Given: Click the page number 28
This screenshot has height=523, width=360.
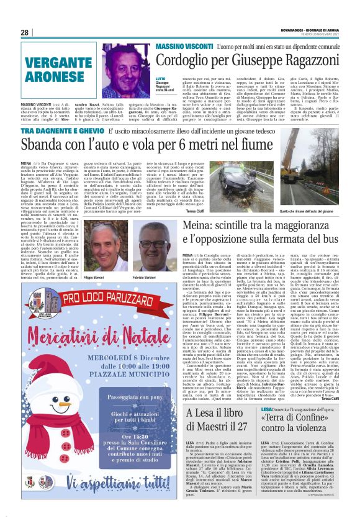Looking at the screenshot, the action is [x=25, y=32].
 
